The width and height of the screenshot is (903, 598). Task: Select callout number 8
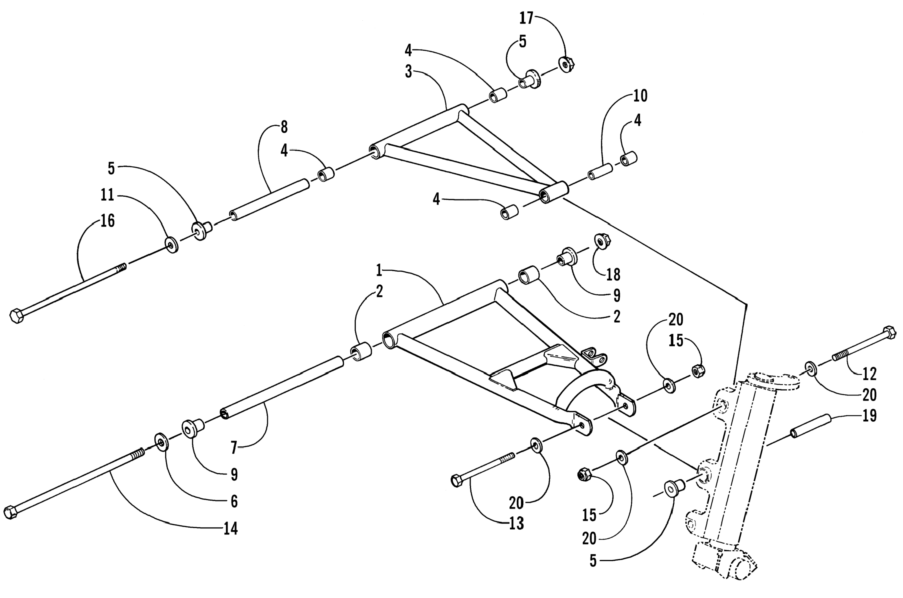coord(284,127)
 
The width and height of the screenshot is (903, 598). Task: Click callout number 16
coord(107,221)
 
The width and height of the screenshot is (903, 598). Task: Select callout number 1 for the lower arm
coord(379,271)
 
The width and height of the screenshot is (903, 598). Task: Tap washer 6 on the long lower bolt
coord(162,442)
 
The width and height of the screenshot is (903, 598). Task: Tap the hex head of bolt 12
coord(889,332)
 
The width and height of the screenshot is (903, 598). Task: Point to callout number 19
coord(869,415)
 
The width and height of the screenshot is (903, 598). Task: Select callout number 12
coord(869,374)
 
